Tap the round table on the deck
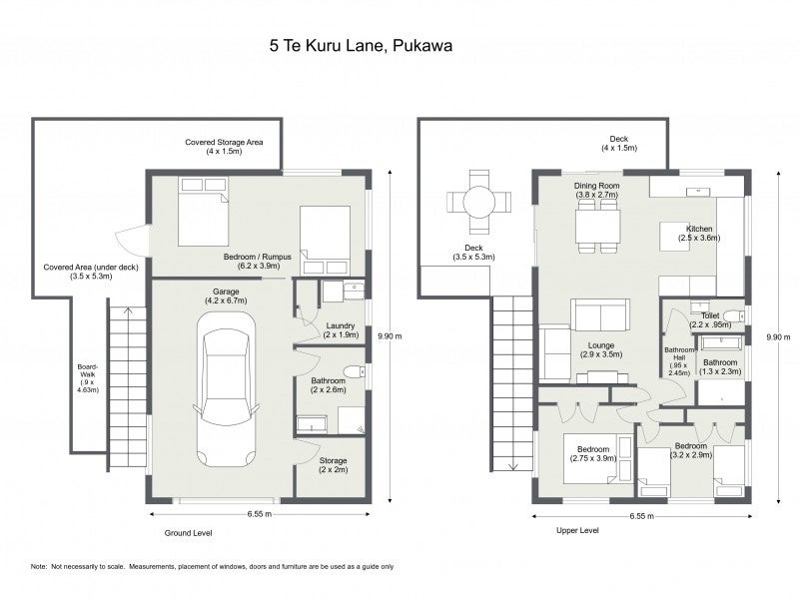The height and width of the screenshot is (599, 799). pyautogui.click(x=479, y=202)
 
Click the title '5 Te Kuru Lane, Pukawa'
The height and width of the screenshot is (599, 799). pyautogui.click(x=361, y=46)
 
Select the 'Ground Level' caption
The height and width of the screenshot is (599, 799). pyautogui.click(x=188, y=533)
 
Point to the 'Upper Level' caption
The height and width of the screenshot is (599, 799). pyautogui.click(x=577, y=531)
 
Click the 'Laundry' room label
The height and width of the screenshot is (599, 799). pyautogui.click(x=341, y=326)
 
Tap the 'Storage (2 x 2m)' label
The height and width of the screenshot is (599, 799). pyautogui.click(x=334, y=465)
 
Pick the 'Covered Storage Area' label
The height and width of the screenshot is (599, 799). pyautogui.click(x=224, y=142)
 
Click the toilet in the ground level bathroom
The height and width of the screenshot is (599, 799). pyautogui.click(x=355, y=370)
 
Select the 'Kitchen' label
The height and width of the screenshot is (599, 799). pyautogui.click(x=699, y=229)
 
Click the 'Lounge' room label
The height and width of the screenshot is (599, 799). pyautogui.click(x=601, y=345)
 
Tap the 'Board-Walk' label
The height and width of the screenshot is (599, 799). pyautogui.click(x=88, y=370)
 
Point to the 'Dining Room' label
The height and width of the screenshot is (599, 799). pyautogui.click(x=596, y=186)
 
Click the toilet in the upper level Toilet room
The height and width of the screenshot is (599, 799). pyautogui.click(x=734, y=316)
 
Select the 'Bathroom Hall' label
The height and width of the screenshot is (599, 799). pyautogui.click(x=679, y=353)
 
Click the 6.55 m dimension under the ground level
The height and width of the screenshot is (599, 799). pyautogui.click(x=260, y=514)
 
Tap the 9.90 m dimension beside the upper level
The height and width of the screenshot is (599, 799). pyautogui.click(x=779, y=336)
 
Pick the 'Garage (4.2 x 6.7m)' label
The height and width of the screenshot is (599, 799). pyautogui.click(x=226, y=296)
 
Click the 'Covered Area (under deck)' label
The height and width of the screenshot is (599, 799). pyautogui.click(x=91, y=267)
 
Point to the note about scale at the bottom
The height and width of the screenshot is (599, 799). pyautogui.click(x=212, y=566)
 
